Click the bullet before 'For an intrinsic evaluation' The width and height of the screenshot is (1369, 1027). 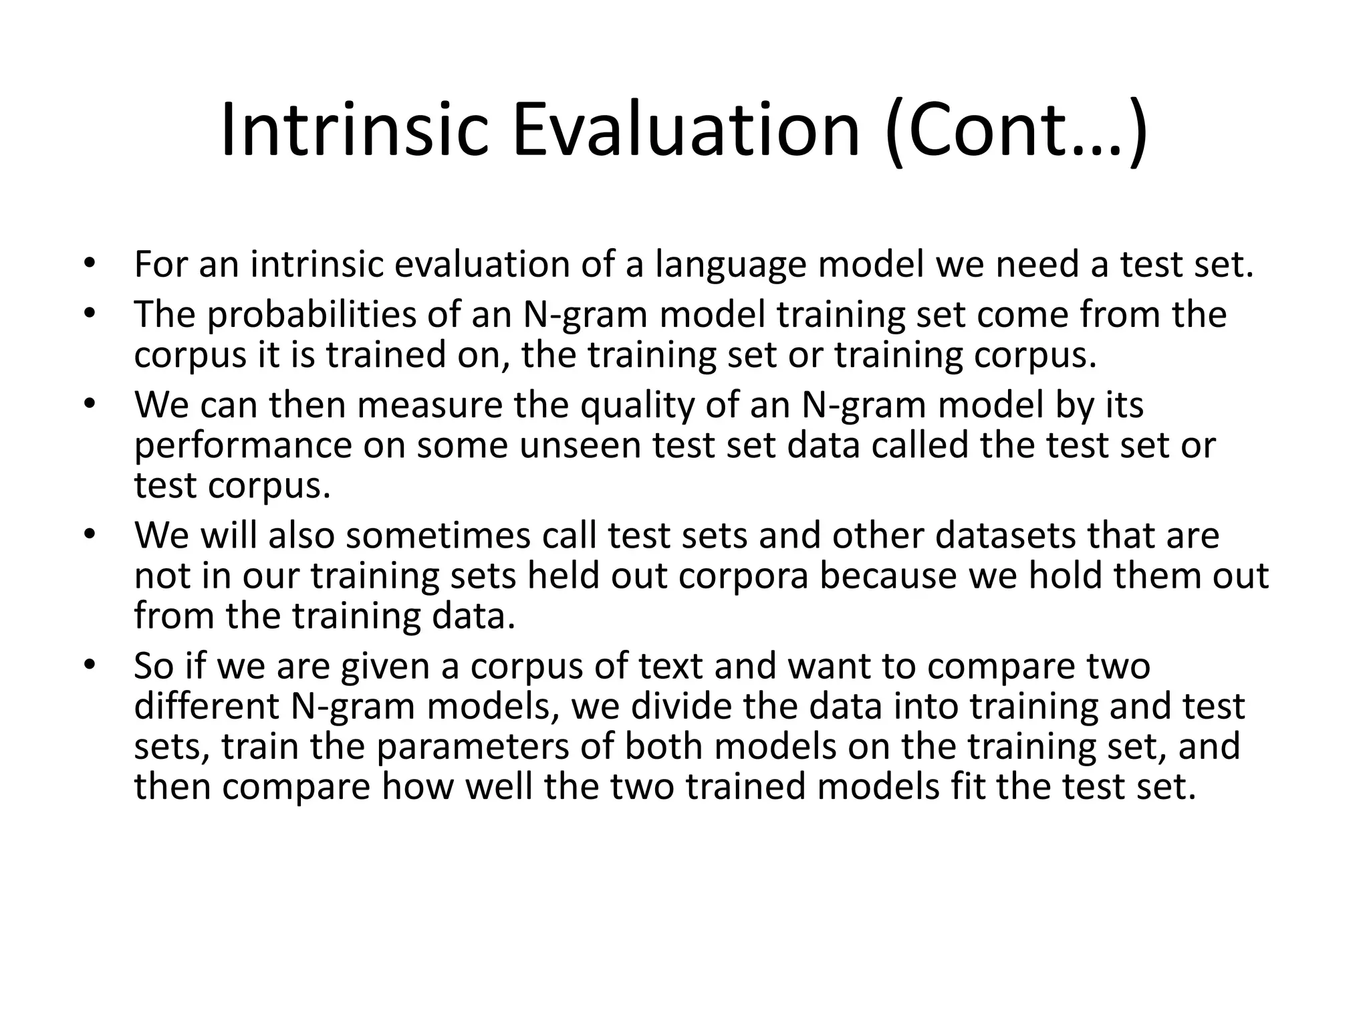tap(90, 263)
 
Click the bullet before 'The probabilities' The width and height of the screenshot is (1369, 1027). tap(90, 314)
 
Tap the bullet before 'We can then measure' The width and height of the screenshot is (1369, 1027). tap(90, 405)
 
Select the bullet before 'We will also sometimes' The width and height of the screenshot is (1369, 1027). tap(90, 535)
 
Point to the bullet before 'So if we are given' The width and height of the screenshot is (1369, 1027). tap(90, 665)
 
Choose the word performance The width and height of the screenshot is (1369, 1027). tap(243, 447)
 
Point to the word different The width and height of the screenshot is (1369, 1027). tap(207, 706)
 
